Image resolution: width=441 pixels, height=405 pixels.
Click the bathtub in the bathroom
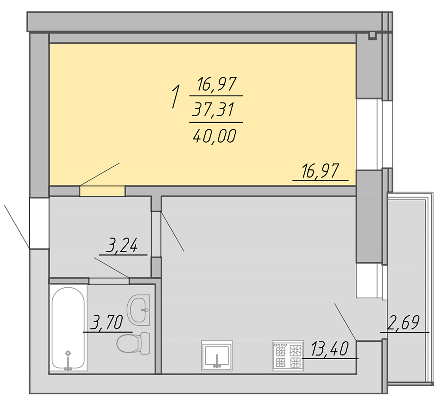(68, 328)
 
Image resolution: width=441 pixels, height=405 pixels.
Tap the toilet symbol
(133, 343)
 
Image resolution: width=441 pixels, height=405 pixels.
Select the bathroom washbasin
(138, 310)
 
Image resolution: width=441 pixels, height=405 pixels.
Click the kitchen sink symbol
(217, 355)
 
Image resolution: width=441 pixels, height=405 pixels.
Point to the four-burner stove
(288, 355)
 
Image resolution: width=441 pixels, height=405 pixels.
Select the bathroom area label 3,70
(107, 322)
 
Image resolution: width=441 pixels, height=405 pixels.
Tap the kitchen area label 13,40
(330, 348)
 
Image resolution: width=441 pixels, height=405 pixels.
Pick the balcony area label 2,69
(403, 322)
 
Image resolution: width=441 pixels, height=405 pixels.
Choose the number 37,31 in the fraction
(213, 110)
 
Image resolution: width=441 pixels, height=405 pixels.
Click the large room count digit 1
(175, 96)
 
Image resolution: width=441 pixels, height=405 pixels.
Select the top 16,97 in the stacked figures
(217, 84)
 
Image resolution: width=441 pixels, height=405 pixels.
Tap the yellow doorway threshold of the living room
(103, 191)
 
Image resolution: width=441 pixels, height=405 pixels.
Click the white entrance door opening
(39, 223)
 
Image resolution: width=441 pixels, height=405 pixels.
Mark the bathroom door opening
(109, 281)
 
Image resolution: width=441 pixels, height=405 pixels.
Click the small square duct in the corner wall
(372, 36)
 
